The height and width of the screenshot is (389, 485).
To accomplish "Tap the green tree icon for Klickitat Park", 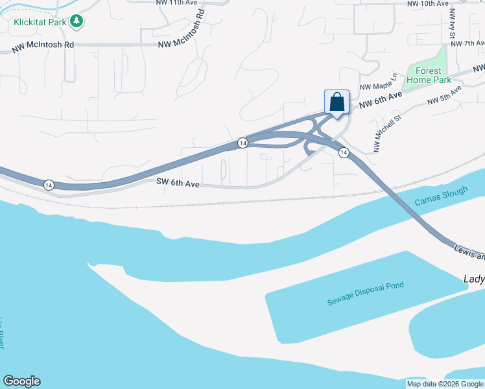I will (77, 21).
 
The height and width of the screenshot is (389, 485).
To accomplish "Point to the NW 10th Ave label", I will (428, 3).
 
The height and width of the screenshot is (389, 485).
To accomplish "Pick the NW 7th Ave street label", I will (467, 43).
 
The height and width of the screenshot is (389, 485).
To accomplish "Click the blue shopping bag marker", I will (337, 102).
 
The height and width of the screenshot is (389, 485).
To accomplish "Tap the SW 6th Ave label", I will (178, 183).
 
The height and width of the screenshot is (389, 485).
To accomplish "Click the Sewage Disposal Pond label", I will (365, 294).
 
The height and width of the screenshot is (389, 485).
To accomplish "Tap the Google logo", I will (21, 381).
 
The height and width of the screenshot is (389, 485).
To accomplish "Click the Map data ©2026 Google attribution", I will (445, 384).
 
